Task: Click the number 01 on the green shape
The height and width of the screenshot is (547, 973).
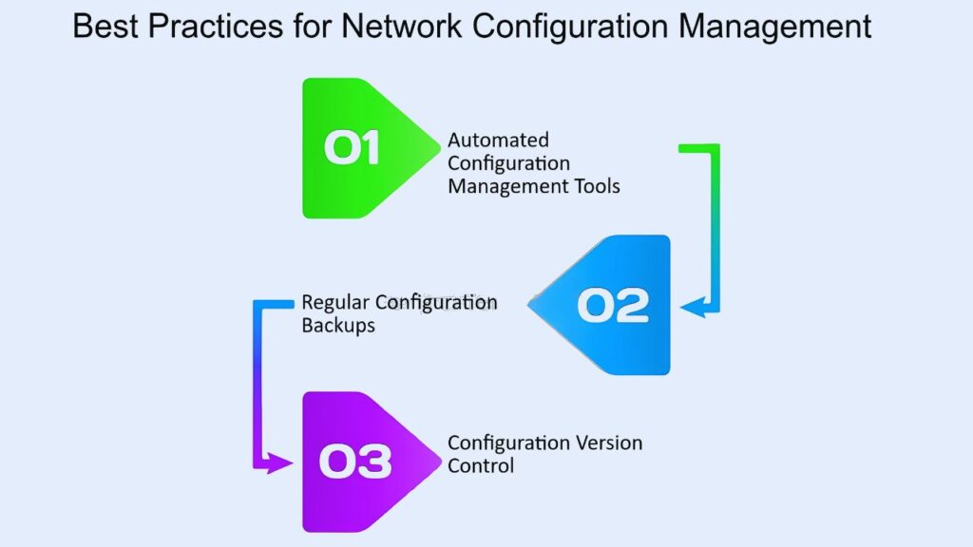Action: tap(352, 147)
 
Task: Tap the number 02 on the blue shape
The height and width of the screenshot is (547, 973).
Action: tap(613, 305)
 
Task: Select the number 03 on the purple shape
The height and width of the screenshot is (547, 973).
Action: tap(355, 462)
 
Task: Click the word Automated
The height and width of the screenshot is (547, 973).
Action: tap(498, 140)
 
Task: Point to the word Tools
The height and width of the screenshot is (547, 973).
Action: tap(597, 186)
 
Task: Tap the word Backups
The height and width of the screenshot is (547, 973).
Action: tap(338, 326)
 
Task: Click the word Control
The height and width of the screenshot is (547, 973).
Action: tap(481, 465)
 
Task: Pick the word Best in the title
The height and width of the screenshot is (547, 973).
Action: tap(105, 26)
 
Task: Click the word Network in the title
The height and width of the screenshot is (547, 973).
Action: tap(401, 26)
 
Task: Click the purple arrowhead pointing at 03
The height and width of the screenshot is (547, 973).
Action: tap(279, 462)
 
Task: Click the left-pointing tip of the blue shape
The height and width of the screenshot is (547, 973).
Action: tap(528, 305)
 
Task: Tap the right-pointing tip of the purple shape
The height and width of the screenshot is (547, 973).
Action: tap(441, 462)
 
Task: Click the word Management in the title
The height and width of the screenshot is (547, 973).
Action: tap(774, 26)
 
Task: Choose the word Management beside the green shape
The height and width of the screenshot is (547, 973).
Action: tap(507, 186)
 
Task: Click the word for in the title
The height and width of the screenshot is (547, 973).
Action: tap(312, 26)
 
